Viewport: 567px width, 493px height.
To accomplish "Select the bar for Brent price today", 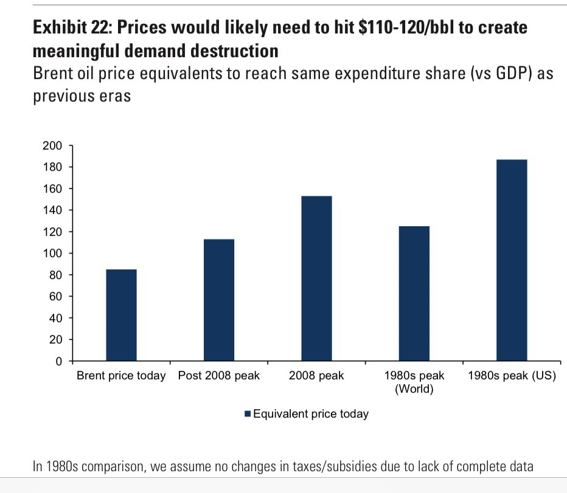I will coord(121,315).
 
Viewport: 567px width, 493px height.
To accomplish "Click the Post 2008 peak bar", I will coord(219,300).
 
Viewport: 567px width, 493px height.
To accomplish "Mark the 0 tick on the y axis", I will coord(59,362).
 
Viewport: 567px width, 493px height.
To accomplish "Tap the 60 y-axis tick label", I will coord(57,297).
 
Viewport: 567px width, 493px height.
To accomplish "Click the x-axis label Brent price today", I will coord(121,376).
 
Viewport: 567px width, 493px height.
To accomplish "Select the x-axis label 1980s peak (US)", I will coord(512,376).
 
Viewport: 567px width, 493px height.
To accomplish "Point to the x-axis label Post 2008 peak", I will coord(219,376).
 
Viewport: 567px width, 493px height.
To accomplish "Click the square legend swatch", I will coord(248,414).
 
